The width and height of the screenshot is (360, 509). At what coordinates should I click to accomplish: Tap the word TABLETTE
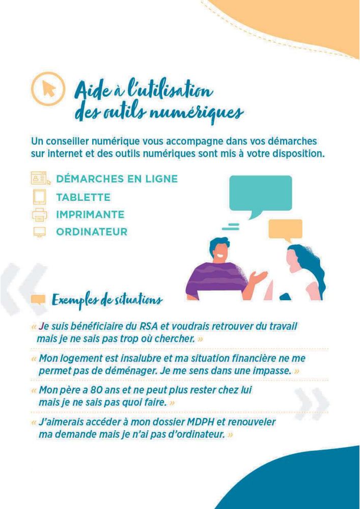[x=83, y=197]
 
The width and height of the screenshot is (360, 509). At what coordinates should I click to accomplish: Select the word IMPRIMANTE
[x=90, y=215]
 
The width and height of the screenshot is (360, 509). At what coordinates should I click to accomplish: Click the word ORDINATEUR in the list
[x=92, y=232]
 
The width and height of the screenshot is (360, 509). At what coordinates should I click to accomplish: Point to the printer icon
[x=40, y=215]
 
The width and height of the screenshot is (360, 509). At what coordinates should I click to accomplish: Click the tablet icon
[x=40, y=197]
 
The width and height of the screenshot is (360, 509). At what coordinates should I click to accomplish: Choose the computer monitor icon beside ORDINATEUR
[x=40, y=232]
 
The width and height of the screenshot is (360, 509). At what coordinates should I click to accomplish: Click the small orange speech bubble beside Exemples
[x=38, y=300]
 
